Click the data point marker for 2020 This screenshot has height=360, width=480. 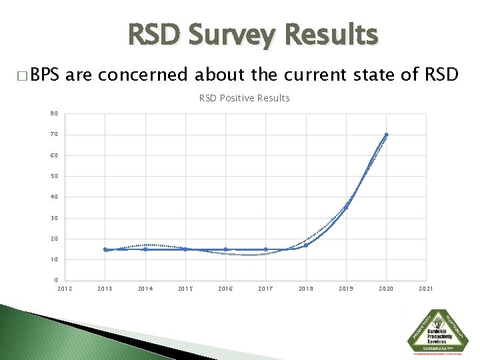point(386,135)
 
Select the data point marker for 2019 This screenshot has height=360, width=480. point(346,207)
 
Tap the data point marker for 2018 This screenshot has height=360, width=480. point(306,245)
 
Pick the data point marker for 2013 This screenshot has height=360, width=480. point(105,249)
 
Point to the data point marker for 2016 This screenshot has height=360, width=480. point(225,249)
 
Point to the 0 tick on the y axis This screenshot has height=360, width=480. point(56,280)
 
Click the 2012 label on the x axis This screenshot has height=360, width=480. point(65,289)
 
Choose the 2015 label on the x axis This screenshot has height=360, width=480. point(185,289)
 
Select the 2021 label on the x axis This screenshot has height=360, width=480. point(426,289)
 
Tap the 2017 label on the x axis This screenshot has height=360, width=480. point(265,289)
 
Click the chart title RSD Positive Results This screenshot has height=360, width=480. point(244,98)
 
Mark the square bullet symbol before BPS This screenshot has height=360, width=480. point(24,74)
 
